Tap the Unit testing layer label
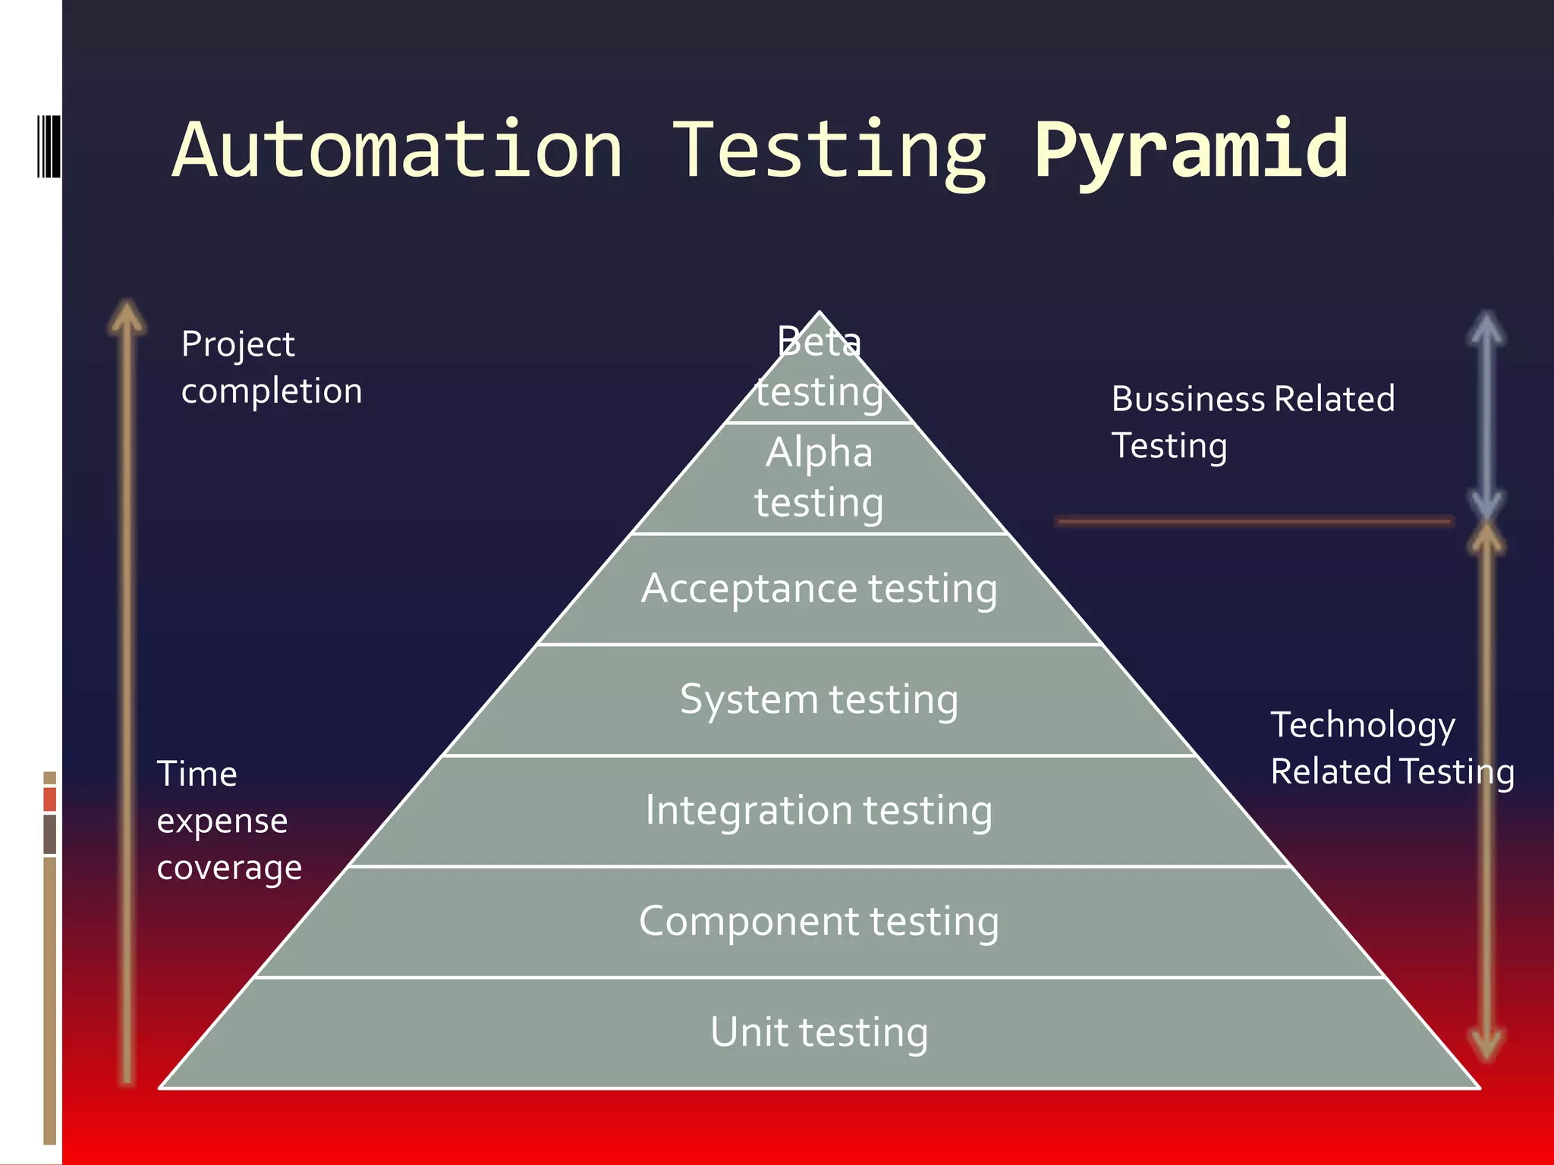(819, 1032)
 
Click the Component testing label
(819, 922)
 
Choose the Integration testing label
(819, 810)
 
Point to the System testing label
(819, 699)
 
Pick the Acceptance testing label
(819, 589)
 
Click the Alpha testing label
(819, 477)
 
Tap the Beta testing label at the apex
(819, 367)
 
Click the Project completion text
(271, 367)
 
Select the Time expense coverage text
(228, 821)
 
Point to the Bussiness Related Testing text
(1253, 422)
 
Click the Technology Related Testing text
(1392, 748)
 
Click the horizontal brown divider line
(1254, 521)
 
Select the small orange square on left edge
(50, 799)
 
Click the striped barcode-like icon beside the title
(49, 146)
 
